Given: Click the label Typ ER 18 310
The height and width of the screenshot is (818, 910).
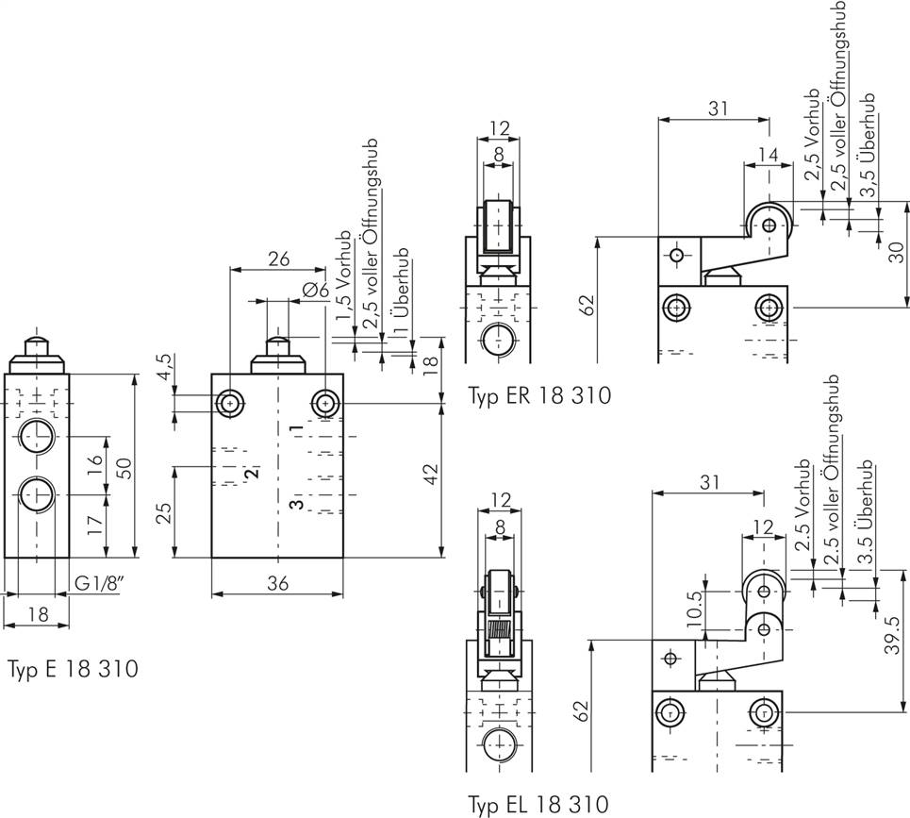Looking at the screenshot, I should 539,395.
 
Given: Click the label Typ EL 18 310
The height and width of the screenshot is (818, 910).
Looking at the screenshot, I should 539,804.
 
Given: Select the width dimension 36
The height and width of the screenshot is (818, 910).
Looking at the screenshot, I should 276,583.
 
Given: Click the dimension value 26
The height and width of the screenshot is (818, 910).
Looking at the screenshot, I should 277,259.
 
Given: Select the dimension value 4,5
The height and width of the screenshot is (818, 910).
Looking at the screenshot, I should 166,366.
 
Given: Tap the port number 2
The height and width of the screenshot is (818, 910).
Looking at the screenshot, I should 252,472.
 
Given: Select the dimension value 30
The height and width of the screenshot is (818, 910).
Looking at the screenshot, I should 897,254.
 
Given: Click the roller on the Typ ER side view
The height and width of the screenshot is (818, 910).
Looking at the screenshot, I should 769,225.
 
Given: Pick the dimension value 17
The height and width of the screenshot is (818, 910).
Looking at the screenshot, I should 94,526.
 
